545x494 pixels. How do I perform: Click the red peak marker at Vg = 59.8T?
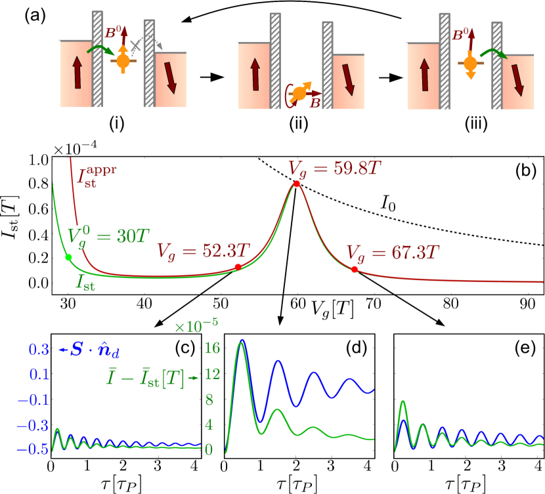(297, 184)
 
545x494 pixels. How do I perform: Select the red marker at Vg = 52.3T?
(238, 267)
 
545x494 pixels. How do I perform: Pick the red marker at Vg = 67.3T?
(355, 270)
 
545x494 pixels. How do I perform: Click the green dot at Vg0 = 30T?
(68, 258)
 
